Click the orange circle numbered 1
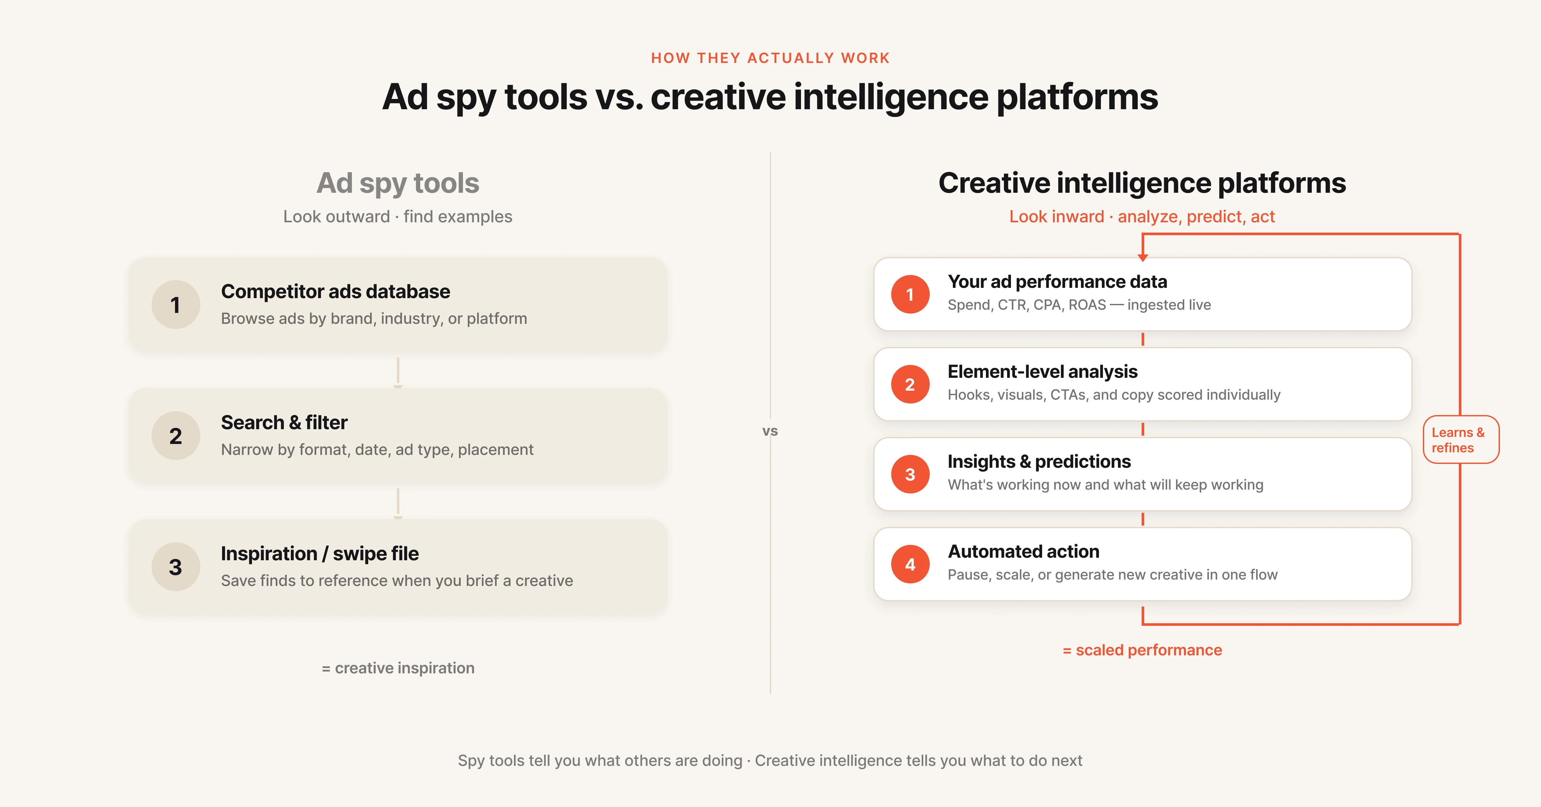(910, 295)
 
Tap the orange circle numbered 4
(910, 564)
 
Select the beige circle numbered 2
(175, 436)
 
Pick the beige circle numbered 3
(175, 567)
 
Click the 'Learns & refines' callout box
(1460, 439)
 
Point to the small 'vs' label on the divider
(770, 431)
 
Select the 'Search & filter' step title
(284, 423)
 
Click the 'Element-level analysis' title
(1042, 372)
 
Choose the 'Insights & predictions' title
(1039, 462)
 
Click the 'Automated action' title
(1023, 551)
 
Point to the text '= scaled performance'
(1142, 650)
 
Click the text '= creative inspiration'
(398, 668)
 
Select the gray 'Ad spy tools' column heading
(398, 183)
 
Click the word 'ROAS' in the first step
(1087, 305)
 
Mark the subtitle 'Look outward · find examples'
(398, 217)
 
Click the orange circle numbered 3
(910, 474)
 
